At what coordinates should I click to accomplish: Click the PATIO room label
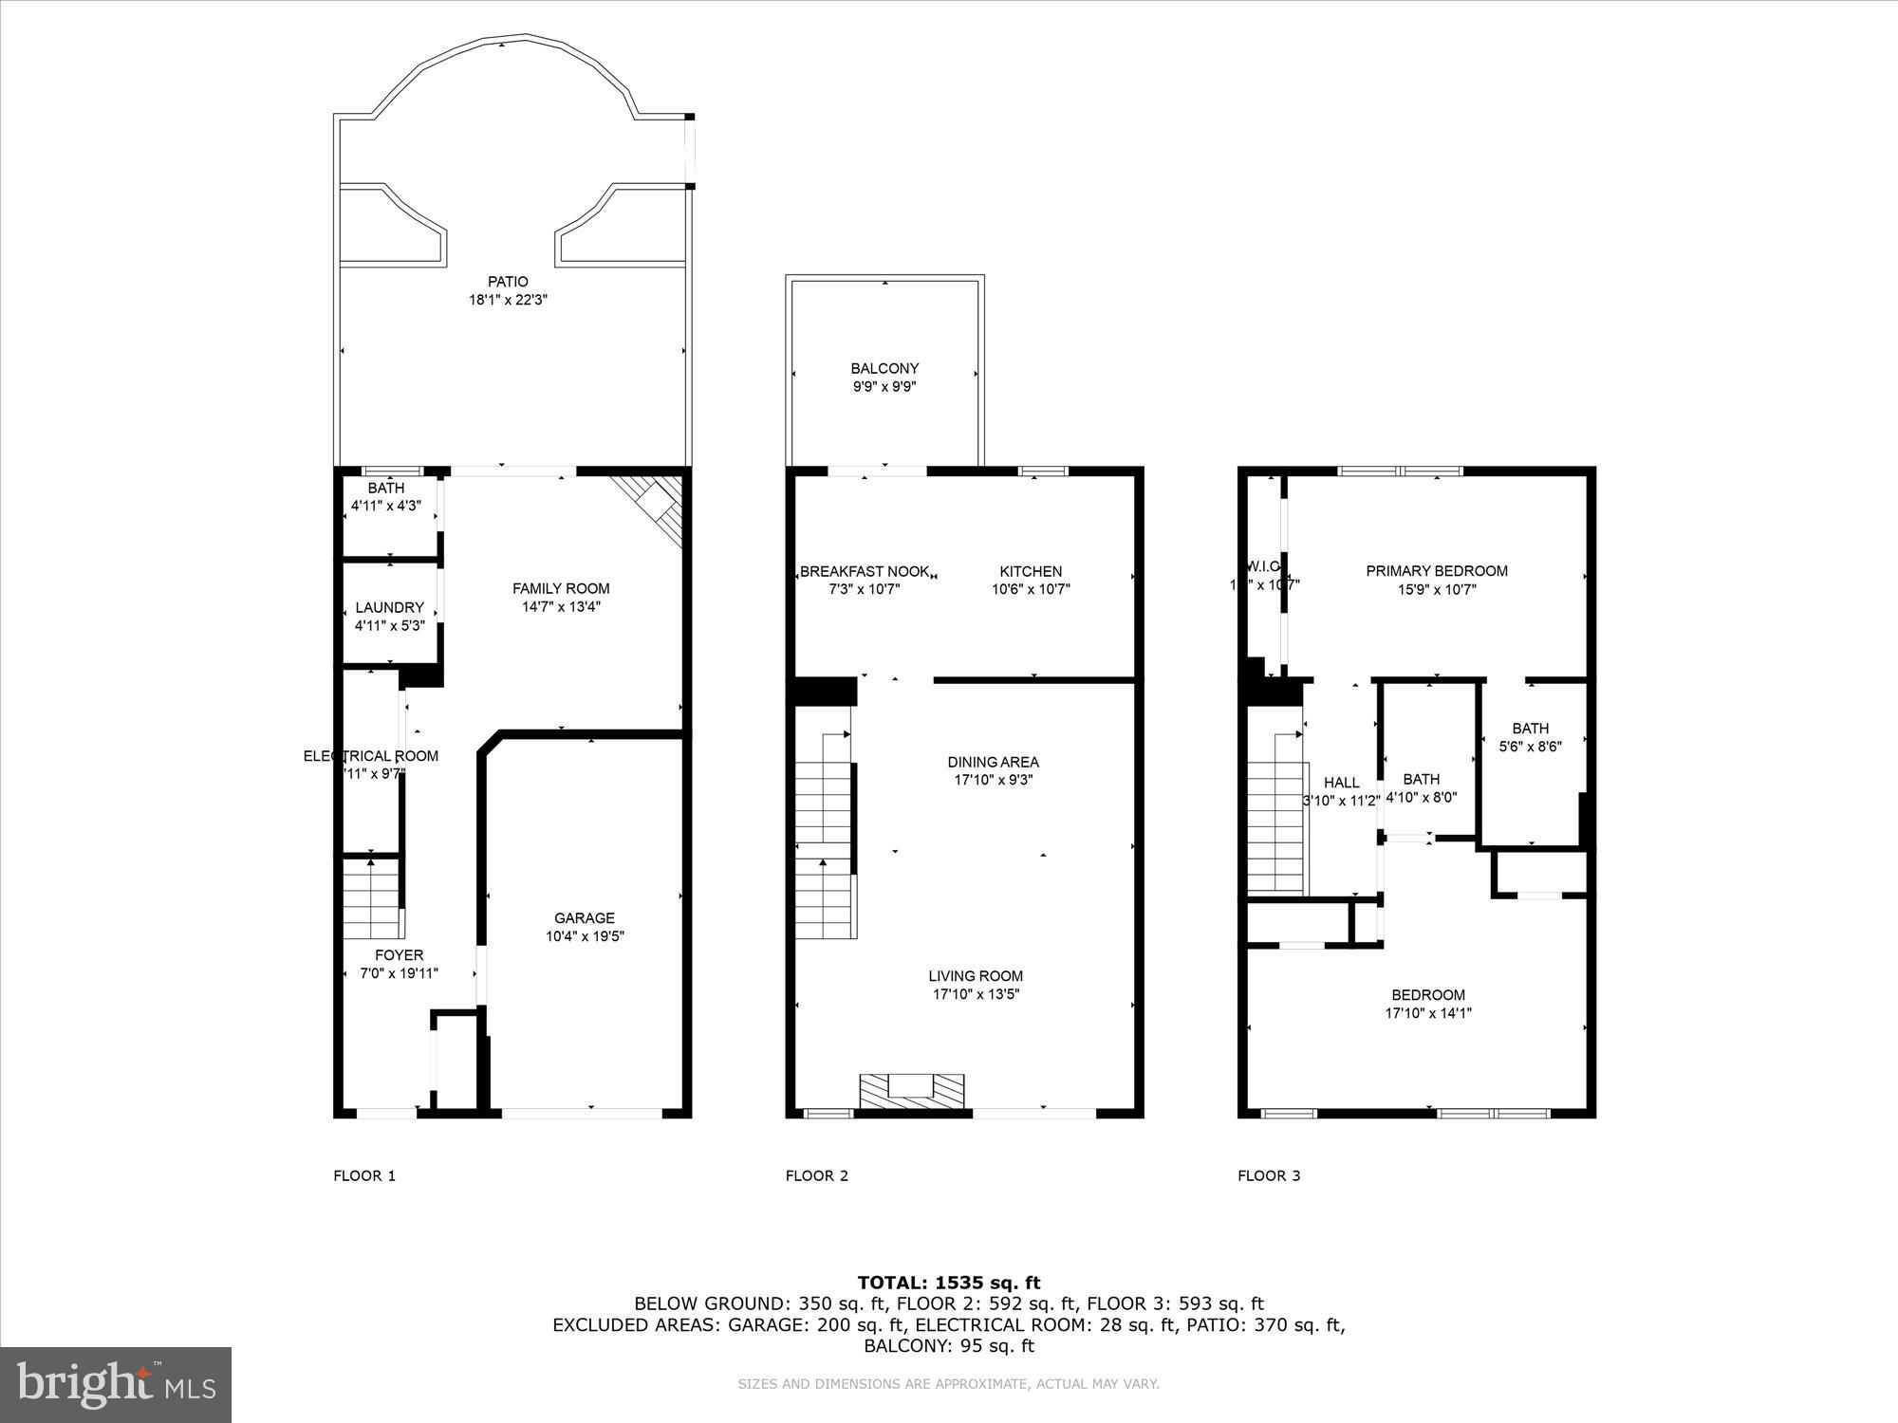click(x=508, y=282)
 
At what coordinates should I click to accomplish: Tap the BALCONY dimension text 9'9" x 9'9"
click(x=884, y=387)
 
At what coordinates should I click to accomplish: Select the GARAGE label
click(x=585, y=917)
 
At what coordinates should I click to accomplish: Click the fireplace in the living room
click(x=911, y=1091)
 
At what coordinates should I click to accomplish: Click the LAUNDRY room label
click(x=389, y=607)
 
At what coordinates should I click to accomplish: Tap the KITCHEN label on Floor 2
click(x=1031, y=571)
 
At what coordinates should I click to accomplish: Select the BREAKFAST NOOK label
click(x=864, y=571)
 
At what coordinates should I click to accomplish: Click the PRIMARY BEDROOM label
click(x=1436, y=571)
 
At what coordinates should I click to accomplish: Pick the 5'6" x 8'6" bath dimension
click(x=1530, y=747)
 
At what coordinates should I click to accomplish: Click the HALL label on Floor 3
click(x=1341, y=783)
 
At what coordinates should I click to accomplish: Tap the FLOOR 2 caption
click(x=816, y=1176)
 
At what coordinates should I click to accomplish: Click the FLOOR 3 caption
click(x=1269, y=1176)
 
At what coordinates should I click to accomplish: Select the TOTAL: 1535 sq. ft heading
click(x=948, y=1283)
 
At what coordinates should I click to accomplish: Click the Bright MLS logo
click(x=116, y=1384)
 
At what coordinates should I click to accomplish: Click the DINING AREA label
click(x=993, y=762)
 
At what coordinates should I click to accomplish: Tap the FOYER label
click(x=399, y=955)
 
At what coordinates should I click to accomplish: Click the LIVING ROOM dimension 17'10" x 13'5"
click(x=976, y=994)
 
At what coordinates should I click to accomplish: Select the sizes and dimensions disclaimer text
click(x=948, y=1384)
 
